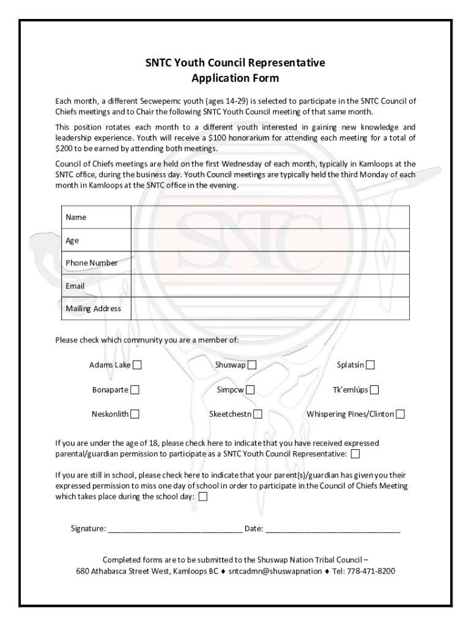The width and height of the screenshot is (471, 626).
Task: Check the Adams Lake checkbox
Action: (137, 366)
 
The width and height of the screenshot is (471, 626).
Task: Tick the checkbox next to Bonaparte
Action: (134, 390)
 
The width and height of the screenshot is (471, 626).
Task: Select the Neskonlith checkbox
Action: (134, 414)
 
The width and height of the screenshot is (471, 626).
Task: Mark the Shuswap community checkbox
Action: (252, 366)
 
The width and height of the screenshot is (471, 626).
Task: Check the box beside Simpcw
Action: (250, 390)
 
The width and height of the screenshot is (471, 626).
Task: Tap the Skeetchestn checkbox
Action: (258, 414)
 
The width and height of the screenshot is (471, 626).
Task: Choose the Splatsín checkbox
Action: (371, 366)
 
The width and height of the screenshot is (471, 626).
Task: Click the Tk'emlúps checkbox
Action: (374, 390)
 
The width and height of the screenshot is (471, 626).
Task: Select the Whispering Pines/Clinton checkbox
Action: (400, 414)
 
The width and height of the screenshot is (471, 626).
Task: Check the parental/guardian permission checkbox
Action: (355, 454)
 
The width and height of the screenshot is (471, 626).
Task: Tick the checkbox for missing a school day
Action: (203, 496)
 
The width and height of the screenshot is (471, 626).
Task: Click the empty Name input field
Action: (270, 217)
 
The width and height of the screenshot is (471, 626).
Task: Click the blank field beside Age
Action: (270, 240)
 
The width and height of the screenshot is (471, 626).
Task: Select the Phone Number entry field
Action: (270, 263)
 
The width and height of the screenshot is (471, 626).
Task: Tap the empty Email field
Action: (270, 285)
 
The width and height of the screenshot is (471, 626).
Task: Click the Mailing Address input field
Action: (270, 309)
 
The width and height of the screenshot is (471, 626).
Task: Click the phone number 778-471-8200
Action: (371, 572)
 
